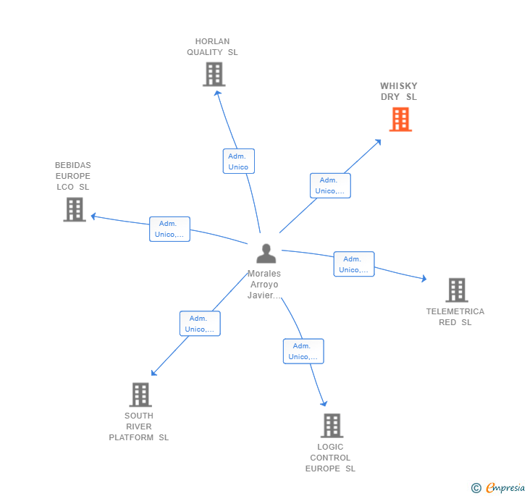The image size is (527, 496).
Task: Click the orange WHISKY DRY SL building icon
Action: (400, 119)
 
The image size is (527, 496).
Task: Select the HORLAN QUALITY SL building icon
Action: (214, 75)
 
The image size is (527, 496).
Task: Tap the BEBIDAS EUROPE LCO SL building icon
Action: (75, 209)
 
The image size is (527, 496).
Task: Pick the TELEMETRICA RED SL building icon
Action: (456, 290)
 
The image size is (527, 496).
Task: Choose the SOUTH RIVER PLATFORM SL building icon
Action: (140, 395)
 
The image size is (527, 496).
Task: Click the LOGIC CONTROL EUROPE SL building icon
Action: (332, 426)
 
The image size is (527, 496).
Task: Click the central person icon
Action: (266, 253)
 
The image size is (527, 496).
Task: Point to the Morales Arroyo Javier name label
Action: (264, 285)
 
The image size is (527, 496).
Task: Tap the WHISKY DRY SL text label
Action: (399, 91)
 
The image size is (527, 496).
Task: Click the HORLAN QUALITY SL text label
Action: (212, 47)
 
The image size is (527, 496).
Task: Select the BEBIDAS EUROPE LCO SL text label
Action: (73, 176)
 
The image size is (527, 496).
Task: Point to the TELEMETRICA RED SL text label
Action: (455, 317)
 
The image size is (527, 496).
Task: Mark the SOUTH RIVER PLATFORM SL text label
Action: (139, 426)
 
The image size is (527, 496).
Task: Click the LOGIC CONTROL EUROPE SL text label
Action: (330, 458)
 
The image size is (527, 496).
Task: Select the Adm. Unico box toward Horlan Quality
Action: (238, 161)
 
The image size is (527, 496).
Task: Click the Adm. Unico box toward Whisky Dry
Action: (330, 185)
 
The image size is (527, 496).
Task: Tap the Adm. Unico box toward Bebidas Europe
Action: (169, 229)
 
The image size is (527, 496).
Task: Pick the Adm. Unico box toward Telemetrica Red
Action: (354, 264)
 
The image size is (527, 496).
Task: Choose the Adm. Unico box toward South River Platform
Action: (200, 324)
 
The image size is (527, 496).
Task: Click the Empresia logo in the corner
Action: (498, 488)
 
